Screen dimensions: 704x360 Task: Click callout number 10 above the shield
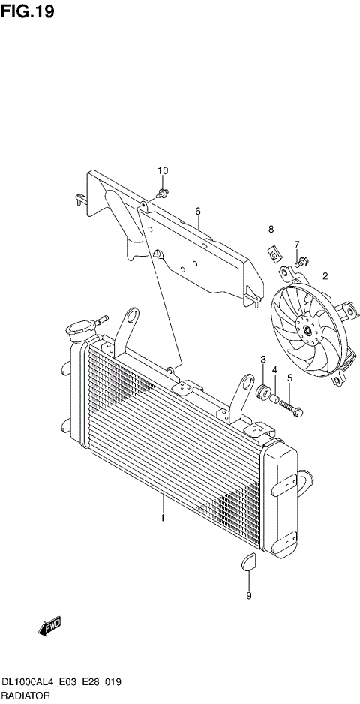tap(163, 172)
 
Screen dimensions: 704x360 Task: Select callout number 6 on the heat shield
tap(198, 212)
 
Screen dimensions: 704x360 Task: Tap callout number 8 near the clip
tap(271, 229)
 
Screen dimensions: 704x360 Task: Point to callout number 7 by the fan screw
tap(296, 245)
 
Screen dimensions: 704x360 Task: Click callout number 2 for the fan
tap(325, 276)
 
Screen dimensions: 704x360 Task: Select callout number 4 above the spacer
tap(275, 370)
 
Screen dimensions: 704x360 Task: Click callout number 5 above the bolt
tap(289, 378)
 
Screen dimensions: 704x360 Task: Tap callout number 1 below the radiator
tap(160, 518)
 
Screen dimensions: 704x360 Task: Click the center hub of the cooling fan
tap(307, 328)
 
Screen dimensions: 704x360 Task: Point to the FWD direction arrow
tap(49, 626)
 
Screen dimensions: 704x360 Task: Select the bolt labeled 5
tap(291, 406)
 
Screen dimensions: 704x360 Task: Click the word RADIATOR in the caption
tap(25, 696)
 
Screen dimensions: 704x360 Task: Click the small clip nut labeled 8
tap(273, 253)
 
